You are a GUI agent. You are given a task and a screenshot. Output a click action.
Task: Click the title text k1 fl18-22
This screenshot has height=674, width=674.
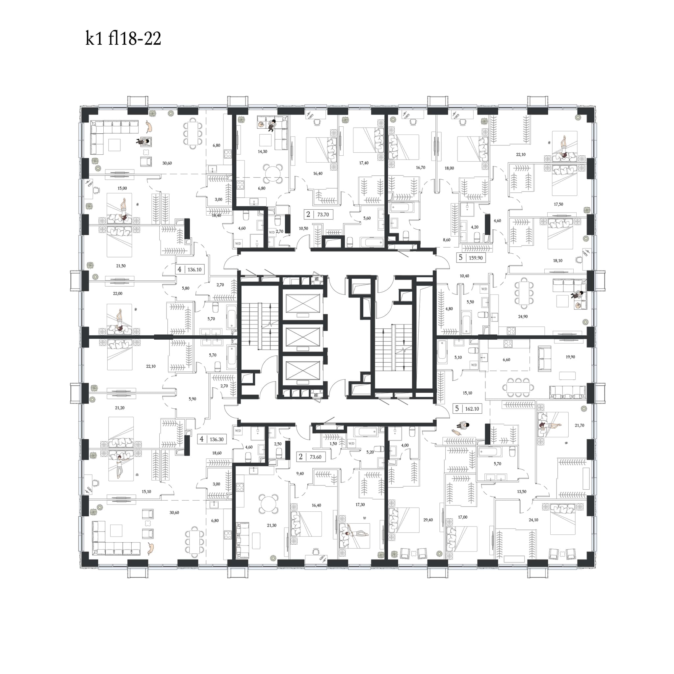[x=123, y=39]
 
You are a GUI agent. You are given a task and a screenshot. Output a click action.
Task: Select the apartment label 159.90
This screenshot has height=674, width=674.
[x=476, y=258]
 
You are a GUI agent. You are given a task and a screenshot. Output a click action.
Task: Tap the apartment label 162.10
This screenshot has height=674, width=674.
[x=472, y=409]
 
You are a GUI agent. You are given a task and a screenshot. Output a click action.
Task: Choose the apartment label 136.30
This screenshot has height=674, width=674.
[x=217, y=440]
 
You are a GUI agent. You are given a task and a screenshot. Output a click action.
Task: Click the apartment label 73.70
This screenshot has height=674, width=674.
[x=323, y=215]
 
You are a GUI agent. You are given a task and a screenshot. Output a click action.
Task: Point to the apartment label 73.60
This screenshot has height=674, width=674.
[x=316, y=457]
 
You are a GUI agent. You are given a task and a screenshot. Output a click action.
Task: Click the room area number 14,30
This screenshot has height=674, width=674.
[x=262, y=151]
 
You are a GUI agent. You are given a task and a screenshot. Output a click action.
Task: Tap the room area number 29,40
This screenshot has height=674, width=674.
[x=428, y=520]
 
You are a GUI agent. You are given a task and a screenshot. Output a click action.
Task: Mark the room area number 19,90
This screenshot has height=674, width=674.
[x=570, y=357]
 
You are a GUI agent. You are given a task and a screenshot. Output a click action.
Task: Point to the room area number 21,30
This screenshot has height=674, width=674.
[x=272, y=525]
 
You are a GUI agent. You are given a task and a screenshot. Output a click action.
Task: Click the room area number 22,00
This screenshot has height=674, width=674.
[x=117, y=293]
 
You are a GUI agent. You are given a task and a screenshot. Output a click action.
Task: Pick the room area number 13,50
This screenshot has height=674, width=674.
[x=522, y=492]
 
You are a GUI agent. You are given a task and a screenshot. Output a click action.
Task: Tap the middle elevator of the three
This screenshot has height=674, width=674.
[x=302, y=337]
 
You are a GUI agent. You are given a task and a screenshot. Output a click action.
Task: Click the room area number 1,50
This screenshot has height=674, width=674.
[x=333, y=444]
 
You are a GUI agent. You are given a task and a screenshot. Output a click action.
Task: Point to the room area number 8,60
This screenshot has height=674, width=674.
[x=447, y=240]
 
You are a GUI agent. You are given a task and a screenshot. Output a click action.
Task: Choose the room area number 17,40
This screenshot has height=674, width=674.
[x=364, y=163]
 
